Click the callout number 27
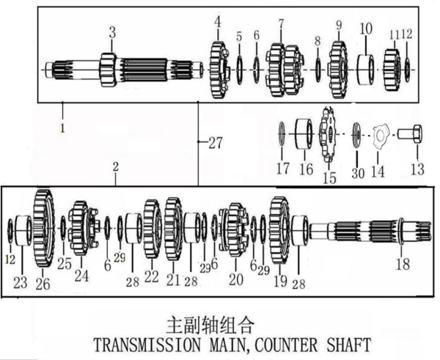click(x=213, y=144)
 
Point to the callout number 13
click(x=417, y=169)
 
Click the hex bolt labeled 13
click(x=411, y=134)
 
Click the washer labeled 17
click(x=282, y=134)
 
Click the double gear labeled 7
click(x=282, y=68)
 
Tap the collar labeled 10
click(x=366, y=70)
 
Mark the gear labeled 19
click(x=279, y=231)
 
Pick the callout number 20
click(x=235, y=279)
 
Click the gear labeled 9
click(x=338, y=68)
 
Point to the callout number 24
click(x=80, y=276)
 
